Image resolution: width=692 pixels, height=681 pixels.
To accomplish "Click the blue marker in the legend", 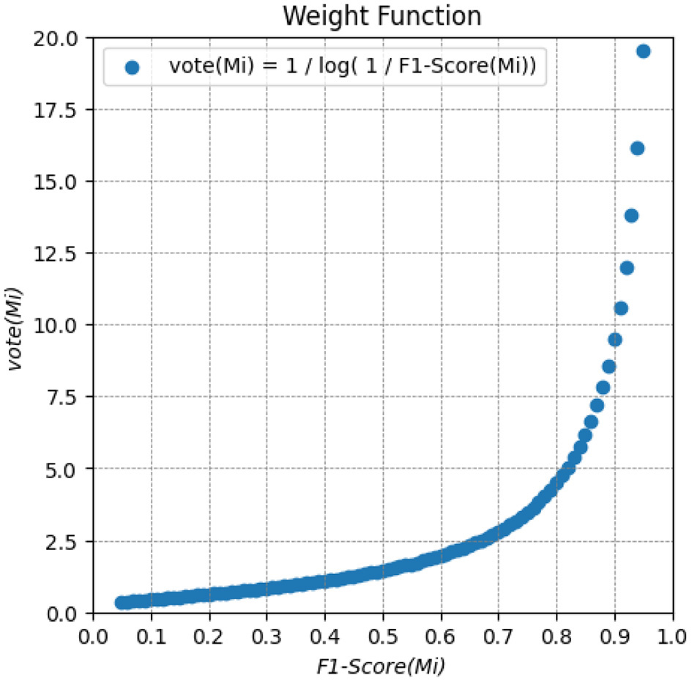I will tap(132, 67).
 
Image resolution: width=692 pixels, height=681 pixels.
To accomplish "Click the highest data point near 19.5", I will tap(643, 51).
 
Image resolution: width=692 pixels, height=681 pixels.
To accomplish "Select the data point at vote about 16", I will tap(637, 148).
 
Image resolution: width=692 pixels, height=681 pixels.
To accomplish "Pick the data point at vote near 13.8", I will tap(631, 215).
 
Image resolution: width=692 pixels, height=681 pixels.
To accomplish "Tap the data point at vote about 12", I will tap(626, 268).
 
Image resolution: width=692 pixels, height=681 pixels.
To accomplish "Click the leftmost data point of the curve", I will tap(122, 603).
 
